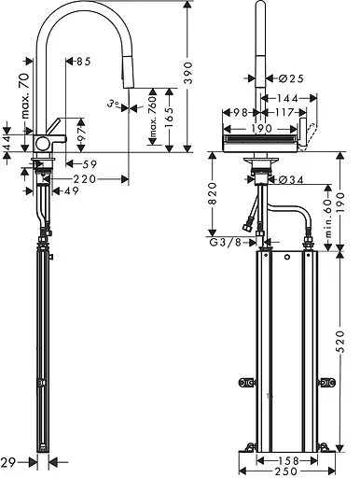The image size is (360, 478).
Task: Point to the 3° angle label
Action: pos(114,105)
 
